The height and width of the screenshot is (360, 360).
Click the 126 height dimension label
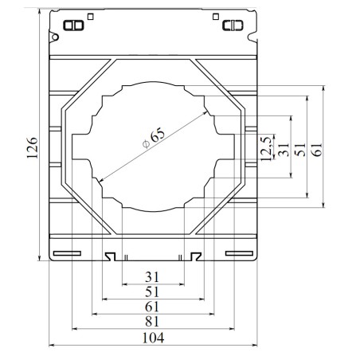(x=33, y=148)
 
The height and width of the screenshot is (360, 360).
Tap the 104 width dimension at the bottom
(x=153, y=338)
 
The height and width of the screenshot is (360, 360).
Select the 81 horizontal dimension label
(x=152, y=322)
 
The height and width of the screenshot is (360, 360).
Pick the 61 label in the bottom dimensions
(x=152, y=307)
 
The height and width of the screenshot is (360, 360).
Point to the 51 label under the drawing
(x=152, y=292)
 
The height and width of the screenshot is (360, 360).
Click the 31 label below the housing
(x=152, y=277)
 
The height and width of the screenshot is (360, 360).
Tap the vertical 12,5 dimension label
(x=267, y=149)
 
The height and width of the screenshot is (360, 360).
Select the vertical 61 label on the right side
(x=316, y=150)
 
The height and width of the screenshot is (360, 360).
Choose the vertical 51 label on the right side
(x=300, y=150)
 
